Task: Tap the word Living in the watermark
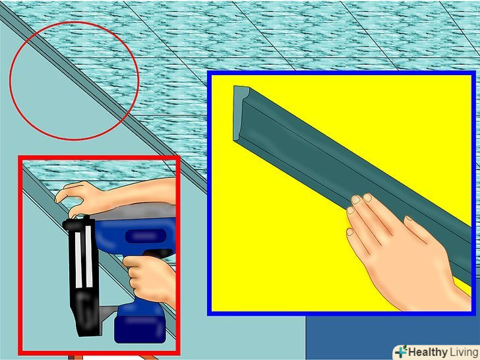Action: [x=464, y=353]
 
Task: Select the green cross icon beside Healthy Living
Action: [x=401, y=351]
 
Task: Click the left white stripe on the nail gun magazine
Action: [x=78, y=260]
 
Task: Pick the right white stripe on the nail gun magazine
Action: [x=89, y=256]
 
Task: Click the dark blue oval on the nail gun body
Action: [x=146, y=236]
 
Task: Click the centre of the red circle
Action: [x=74, y=81]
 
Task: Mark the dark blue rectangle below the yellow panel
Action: [x=392, y=338]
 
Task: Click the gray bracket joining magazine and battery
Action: [x=109, y=312]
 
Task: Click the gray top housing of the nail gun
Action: [x=135, y=212]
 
